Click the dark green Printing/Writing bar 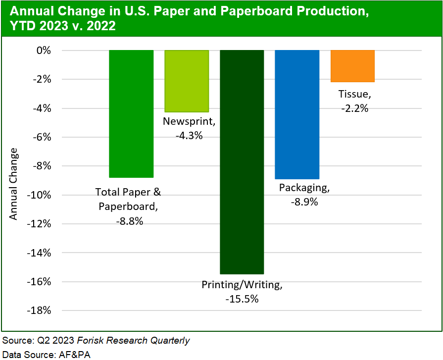point(242,162)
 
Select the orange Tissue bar point(352,66)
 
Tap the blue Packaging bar point(297,114)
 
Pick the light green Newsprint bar point(187,81)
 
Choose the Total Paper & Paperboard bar point(131,113)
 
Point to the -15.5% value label point(242,299)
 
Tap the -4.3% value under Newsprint point(189,135)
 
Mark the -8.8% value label point(129,221)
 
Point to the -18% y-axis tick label point(41,310)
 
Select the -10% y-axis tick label point(41,195)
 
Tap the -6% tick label point(42,137)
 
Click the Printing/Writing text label point(242,285)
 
